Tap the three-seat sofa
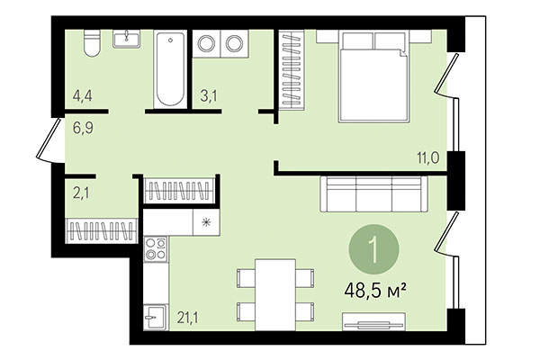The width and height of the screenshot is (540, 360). (371, 194)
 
